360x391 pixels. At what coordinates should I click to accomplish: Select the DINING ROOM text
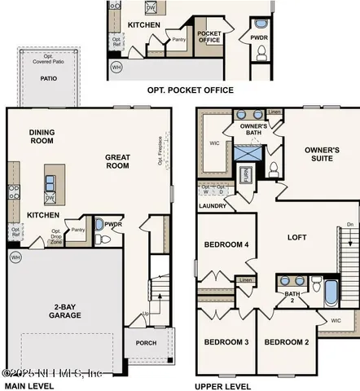41,138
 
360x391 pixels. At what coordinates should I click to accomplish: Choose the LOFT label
297,237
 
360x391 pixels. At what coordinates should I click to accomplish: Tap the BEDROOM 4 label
226,244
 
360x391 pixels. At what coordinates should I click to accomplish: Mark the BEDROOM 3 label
226,342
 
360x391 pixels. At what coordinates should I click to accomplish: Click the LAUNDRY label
213,206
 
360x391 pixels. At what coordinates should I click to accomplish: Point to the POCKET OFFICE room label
209,36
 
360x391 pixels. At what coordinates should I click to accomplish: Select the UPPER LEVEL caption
222,386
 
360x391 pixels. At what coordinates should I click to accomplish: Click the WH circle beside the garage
14,257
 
